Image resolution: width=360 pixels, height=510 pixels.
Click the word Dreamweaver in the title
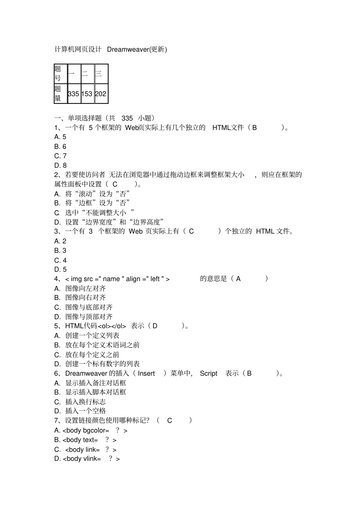128,49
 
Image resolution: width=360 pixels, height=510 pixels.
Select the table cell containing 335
74,94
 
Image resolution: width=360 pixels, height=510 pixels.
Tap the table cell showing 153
87,94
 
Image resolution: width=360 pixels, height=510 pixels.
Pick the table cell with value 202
100,94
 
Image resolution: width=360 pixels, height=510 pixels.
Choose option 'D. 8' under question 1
61,165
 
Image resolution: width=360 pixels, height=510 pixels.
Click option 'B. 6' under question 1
61,146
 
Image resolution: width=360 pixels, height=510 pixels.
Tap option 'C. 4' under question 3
61,260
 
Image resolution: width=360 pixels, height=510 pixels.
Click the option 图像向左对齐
85,288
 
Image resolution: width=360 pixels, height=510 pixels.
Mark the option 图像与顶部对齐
89,317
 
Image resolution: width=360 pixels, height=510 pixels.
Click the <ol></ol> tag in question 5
112,326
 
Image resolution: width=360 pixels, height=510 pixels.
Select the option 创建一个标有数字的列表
102,364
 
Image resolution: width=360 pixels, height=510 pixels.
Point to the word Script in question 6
208,373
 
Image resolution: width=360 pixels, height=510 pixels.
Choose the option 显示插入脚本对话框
95,392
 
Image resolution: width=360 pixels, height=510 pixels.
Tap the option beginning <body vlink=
87,459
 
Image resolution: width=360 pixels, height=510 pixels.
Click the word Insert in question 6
146,373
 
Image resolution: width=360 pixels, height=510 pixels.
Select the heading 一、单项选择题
80,118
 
